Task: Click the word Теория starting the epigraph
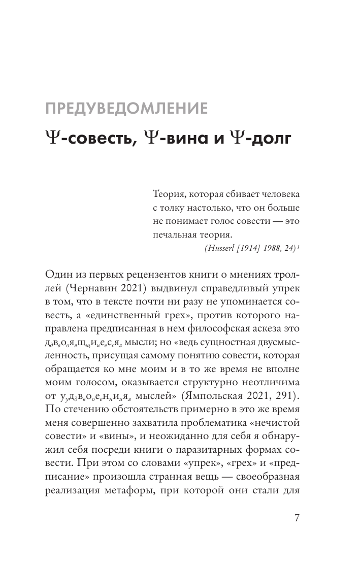[x=168, y=195]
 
